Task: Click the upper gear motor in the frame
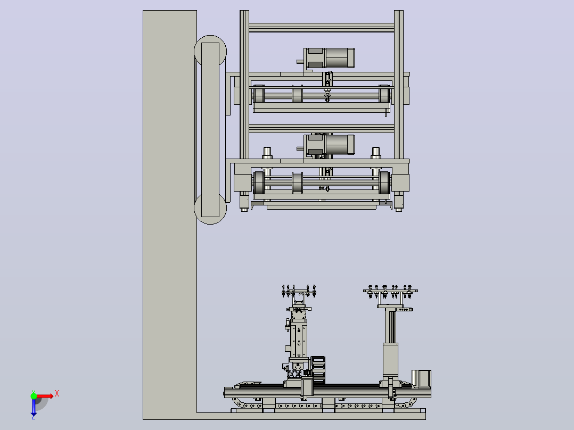tap(326, 58)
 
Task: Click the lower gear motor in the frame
tap(326, 145)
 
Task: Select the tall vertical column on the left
tap(169, 215)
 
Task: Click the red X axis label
tap(57, 394)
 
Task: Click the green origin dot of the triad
tap(34, 396)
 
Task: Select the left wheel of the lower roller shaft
tap(259, 182)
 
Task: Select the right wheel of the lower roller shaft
tap(384, 182)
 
